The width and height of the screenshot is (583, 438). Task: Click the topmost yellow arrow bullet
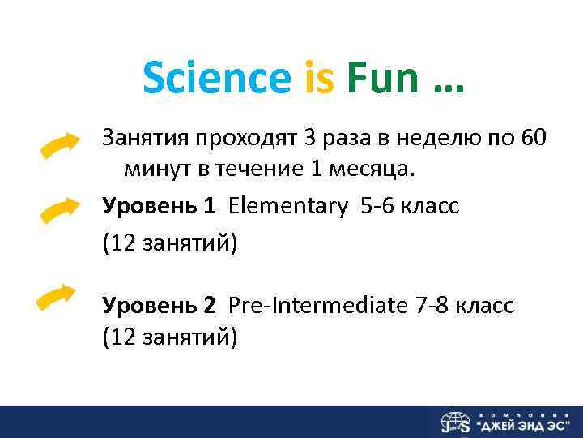[62, 148]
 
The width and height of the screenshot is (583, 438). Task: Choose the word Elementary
[290, 206]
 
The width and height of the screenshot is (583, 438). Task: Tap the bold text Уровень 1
[159, 206]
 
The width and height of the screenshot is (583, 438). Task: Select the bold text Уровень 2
[159, 306]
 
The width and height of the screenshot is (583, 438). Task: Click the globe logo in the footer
[455, 423]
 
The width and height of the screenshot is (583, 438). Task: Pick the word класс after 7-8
[485, 306]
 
